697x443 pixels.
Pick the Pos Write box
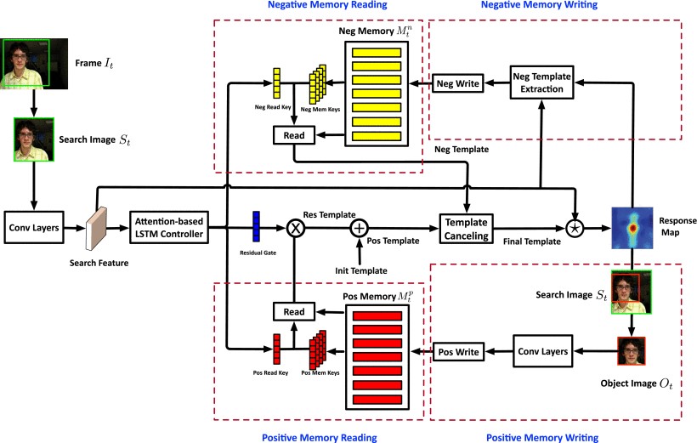459,350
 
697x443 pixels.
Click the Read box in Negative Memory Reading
294,133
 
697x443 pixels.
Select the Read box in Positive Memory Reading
294,312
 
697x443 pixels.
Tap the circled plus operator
360,227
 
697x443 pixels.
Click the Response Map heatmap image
633,227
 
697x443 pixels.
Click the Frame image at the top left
30,63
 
